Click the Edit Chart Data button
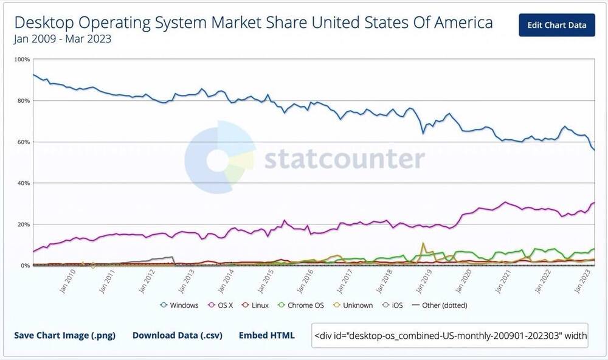(556, 25)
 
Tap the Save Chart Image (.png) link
(64, 335)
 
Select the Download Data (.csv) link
(177, 335)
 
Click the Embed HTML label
(266, 335)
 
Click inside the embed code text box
(450, 335)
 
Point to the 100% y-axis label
(22, 60)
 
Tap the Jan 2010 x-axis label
(67, 281)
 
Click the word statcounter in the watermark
(344, 159)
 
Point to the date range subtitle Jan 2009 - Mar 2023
(62, 39)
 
